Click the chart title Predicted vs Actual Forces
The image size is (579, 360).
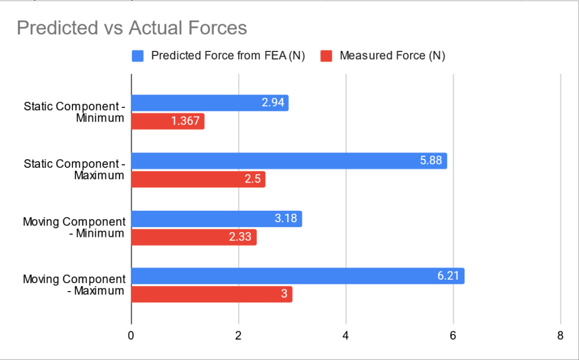pyautogui.click(x=132, y=28)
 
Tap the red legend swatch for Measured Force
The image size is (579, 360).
pyautogui.click(x=327, y=56)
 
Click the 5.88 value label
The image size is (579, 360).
pyautogui.click(x=431, y=161)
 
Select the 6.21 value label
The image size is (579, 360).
pyautogui.click(x=448, y=276)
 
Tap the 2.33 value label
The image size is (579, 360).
pyautogui.click(x=241, y=237)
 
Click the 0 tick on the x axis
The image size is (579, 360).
pyautogui.click(x=131, y=335)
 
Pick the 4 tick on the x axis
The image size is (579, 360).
pyautogui.click(x=345, y=335)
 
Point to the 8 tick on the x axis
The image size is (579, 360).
pyautogui.click(x=560, y=335)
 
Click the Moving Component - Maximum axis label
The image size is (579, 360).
pyautogui.click(x=74, y=285)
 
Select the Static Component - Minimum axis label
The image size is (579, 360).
pyautogui.click(x=74, y=112)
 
